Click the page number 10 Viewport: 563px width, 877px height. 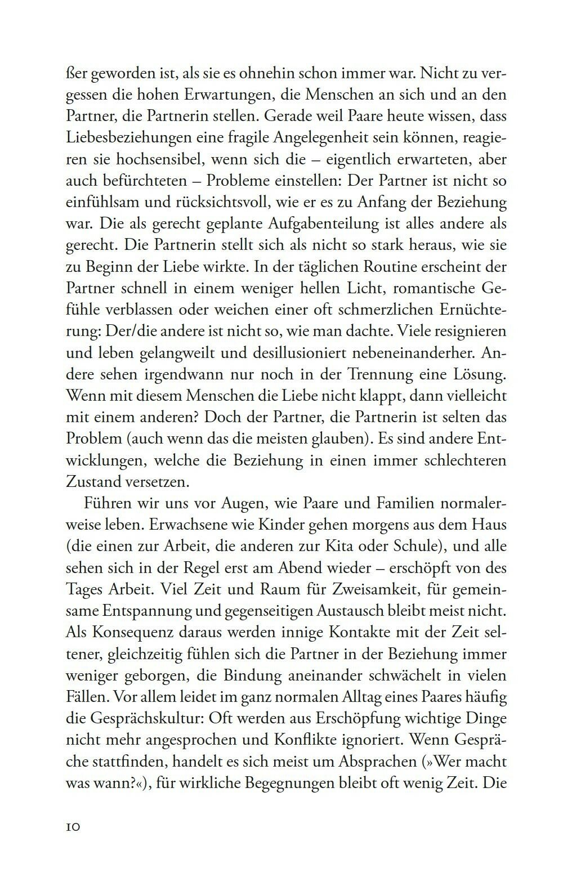75,826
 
